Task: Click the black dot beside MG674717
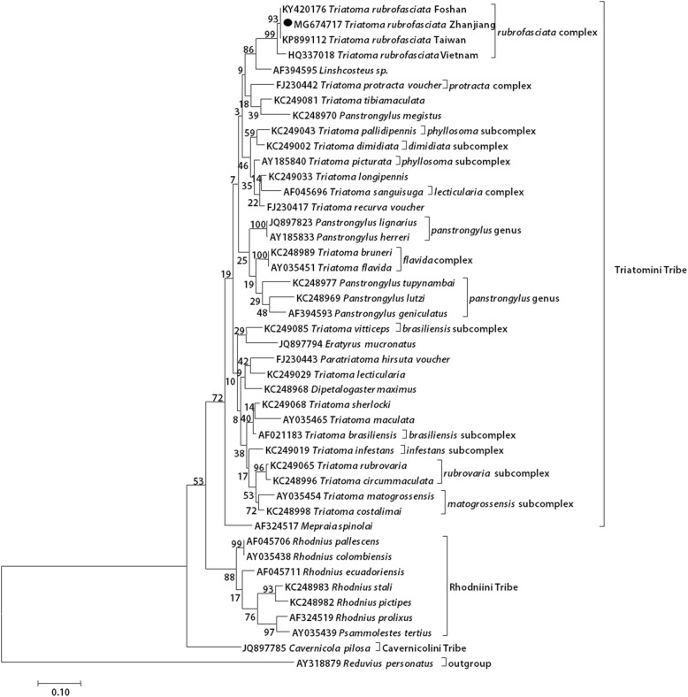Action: [287, 27]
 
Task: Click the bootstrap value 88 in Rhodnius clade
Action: [231, 578]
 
